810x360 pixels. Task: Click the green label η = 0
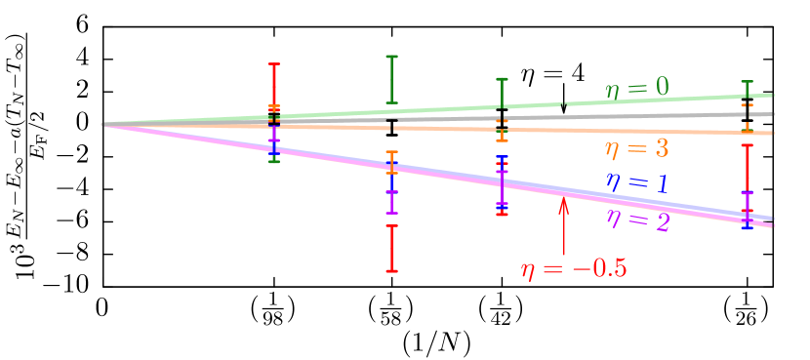click(637, 88)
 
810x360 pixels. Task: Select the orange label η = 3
click(636, 149)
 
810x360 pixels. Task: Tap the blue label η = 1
click(636, 183)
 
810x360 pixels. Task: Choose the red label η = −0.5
click(574, 269)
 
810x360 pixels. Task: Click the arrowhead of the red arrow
click(563, 201)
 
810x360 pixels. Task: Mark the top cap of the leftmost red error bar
click(274, 64)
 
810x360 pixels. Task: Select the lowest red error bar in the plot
click(391, 248)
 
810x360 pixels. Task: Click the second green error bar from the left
click(391, 79)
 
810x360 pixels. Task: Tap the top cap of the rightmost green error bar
click(747, 82)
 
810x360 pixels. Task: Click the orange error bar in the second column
click(391, 161)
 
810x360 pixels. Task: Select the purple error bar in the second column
click(391, 201)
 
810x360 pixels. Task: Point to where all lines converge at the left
click(103, 124)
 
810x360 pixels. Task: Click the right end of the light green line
click(773, 95)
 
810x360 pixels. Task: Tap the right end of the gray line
click(773, 114)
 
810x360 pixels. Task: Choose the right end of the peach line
click(773, 133)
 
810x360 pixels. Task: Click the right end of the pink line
click(773, 225)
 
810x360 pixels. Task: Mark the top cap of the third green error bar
click(502, 80)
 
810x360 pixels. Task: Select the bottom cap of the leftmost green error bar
click(274, 161)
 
